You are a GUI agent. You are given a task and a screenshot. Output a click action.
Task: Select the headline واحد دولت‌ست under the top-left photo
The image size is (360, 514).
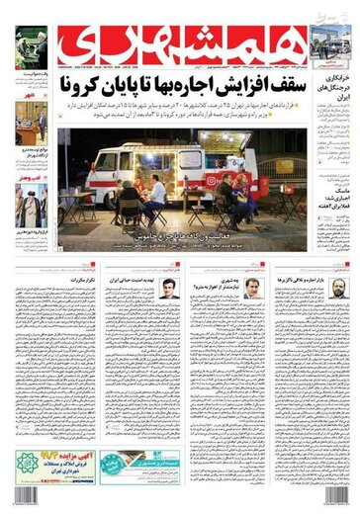click(35, 73)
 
